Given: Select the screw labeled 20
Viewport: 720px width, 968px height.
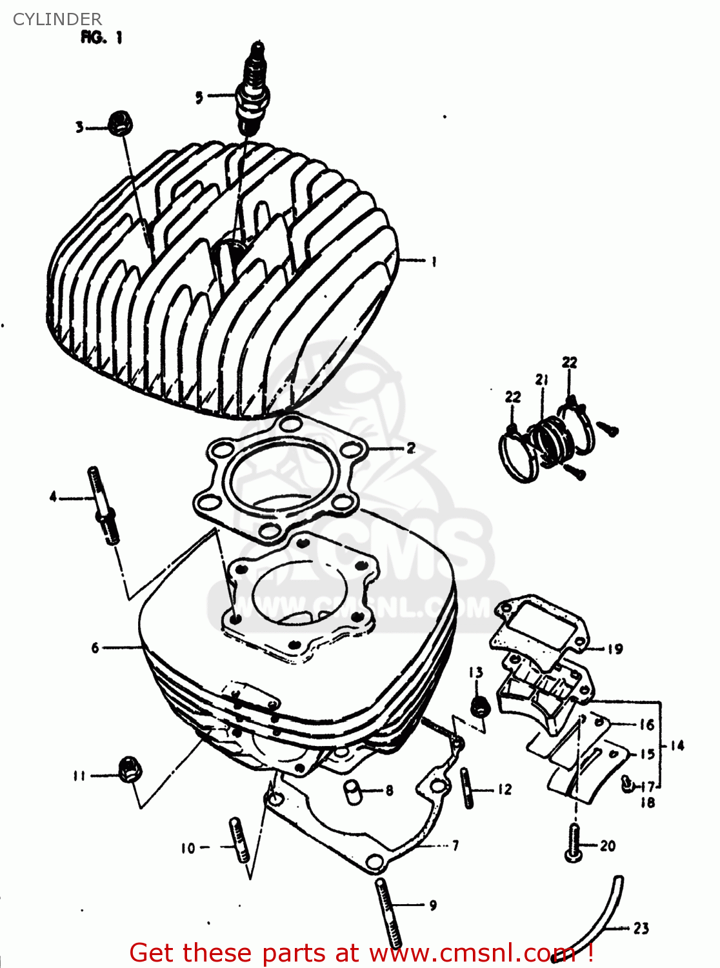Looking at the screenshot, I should point(574,845).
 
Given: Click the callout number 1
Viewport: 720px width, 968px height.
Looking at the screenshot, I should point(434,261).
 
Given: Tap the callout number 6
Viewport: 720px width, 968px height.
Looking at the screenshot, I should point(95,647).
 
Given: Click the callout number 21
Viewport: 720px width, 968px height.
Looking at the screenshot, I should point(541,379).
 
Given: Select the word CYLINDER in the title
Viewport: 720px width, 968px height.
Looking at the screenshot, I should point(57,19).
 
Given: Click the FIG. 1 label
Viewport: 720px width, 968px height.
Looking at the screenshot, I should point(101,37).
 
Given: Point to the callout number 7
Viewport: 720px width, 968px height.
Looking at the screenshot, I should point(455,845).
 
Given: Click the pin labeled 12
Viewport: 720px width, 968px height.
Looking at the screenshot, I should point(467,788).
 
